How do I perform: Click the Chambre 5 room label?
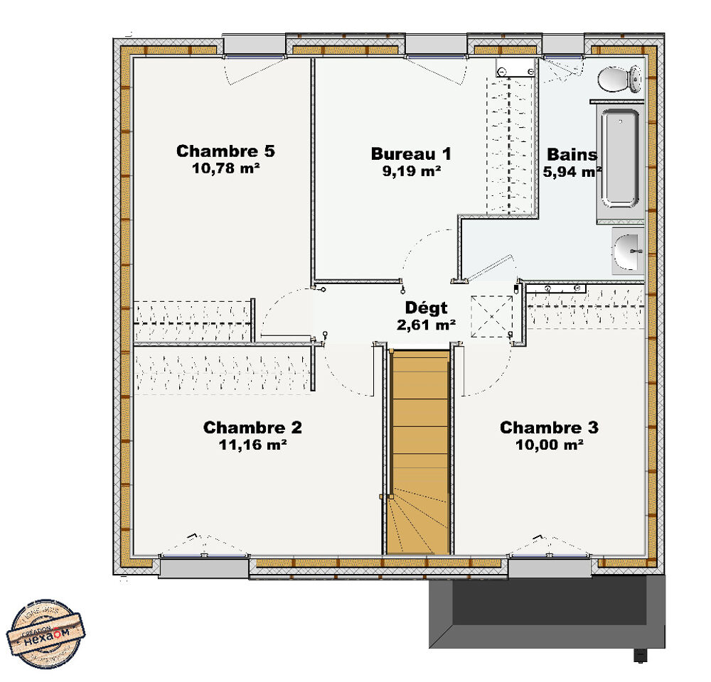pos(225,151)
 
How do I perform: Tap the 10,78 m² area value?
pos(225,168)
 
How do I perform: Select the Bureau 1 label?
pos(411,153)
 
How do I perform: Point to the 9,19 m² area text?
pos(411,170)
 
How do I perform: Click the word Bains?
pos(572,155)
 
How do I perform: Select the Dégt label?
pos(427,308)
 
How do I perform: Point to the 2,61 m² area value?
pos(427,325)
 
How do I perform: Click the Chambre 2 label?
pos(252,428)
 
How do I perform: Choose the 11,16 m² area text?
pos(252,445)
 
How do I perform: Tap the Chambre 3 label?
pos(549,428)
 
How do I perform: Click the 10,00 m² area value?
pos(549,445)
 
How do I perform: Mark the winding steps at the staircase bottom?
pos(418,526)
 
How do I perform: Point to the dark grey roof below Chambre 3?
pos(547,611)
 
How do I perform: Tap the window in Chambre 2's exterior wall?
pos(204,567)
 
